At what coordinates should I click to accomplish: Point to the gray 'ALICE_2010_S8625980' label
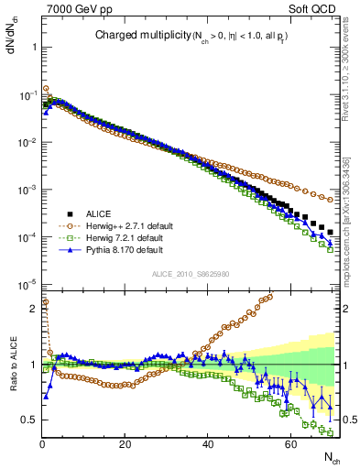(191, 274)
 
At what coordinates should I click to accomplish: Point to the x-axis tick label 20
(125, 444)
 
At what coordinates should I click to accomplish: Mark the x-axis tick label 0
(42, 444)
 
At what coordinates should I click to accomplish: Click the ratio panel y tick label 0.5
(28, 420)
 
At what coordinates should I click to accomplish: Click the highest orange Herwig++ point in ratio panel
(270, 296)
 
